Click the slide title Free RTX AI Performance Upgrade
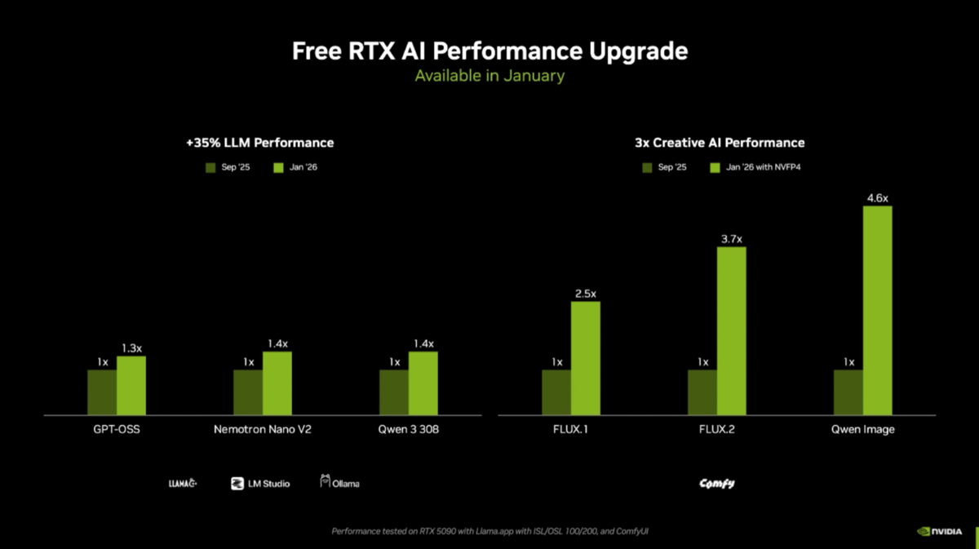pos(489,51)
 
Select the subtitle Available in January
pos(489,76)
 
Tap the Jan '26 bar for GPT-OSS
pos(131,386)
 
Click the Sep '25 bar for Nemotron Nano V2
pos(248,392)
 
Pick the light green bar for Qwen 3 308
pos(423,383)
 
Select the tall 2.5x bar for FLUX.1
pos(585,358)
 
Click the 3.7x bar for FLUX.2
pos(731,330)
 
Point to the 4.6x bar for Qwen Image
pos(877,310)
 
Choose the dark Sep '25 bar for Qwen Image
pos(848,392)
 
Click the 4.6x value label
pos(877,198)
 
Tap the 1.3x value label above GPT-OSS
pos(131,348)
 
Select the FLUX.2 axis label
pos(716,430)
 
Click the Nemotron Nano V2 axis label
pos(262,430)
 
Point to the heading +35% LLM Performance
pos(260,143)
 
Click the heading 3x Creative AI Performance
pos(720,143)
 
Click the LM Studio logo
pos(259,483)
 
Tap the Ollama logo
pos(339,483)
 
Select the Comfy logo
pos(716,483)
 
